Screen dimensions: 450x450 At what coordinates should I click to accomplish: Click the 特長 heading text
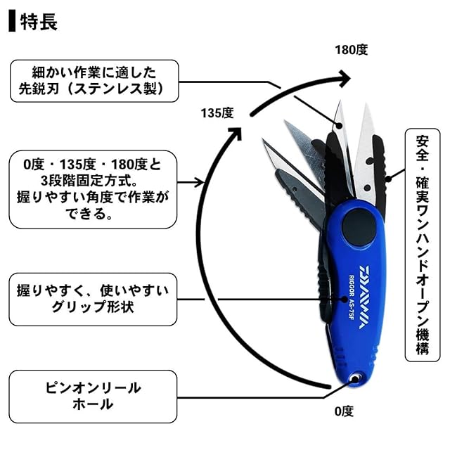39,22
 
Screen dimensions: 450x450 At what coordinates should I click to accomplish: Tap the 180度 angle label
352,50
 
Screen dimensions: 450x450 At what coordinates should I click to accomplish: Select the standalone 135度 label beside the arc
217,113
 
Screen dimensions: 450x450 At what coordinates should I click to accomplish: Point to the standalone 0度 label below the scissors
344,411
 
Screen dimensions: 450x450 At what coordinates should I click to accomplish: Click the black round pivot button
359,226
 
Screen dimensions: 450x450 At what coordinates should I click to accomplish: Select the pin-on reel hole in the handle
355,379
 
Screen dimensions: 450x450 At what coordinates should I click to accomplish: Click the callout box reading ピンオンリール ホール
93,397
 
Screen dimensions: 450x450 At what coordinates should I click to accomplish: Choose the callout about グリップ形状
93,300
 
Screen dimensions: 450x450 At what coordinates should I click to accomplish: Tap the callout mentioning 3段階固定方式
93,189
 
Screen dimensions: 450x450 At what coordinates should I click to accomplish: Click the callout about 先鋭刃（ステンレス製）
94,81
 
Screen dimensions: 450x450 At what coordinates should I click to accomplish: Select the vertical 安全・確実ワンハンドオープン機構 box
422,245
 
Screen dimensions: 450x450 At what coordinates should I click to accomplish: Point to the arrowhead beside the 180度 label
343,78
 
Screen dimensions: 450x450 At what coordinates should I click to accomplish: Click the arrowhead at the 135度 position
237,133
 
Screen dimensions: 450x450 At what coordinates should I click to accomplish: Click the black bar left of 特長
12,20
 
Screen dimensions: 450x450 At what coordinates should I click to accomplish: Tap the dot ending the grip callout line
345,300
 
